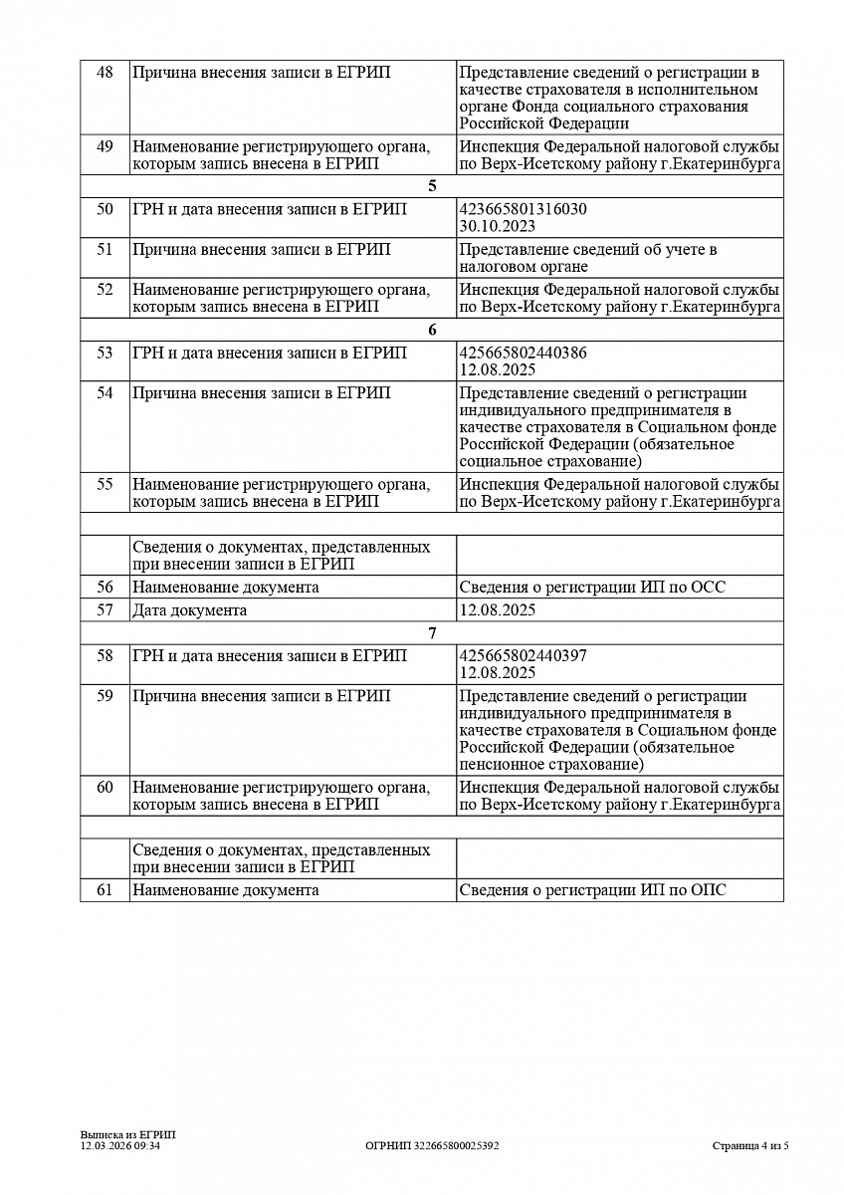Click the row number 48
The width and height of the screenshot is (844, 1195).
[x=105, y=73]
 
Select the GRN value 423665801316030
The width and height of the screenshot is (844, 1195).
[x=523, y=210]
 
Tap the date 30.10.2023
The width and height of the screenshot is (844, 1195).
[x=498, y=226]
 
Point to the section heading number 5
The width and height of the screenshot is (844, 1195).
[x=432, y=186]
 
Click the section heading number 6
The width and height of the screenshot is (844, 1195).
[x=432, y=330]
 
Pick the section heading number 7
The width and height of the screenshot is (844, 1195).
[x=432, y=632]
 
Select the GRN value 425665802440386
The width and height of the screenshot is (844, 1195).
[x=523, y=354]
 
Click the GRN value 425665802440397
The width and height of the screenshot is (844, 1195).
[x=523, y=656]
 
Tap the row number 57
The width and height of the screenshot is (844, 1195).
[x=105, y=610]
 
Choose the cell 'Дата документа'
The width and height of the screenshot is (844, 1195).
[x=189, y=610]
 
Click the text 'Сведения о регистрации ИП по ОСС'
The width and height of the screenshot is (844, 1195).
[x=592, y=588]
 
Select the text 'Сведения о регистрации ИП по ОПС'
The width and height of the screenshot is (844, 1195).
[x=592, y=890]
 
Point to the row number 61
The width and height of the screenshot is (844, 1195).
[x=105, y=890]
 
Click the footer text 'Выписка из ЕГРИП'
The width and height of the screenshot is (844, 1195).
[x=127, y=1135]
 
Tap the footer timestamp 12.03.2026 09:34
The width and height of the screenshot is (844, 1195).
[x=120, y=1146]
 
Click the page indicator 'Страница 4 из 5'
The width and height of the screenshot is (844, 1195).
[x=750, y=1146]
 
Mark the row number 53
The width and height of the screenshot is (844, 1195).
[x=105, y=354]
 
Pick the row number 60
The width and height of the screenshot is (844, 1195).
[x=105, y=788]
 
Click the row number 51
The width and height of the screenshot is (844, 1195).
[x=105, y=250]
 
